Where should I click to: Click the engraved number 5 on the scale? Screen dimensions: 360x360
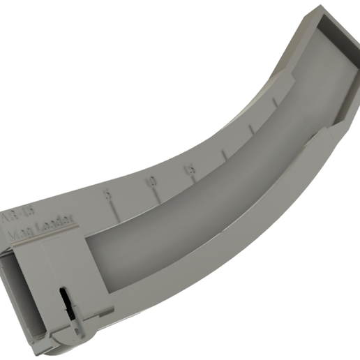click(x=107, y=193)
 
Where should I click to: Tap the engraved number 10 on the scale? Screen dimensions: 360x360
click(x=151, y=182)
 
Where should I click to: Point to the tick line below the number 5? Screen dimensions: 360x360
click(x=116, y=211)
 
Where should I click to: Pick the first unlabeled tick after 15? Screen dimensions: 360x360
click(x=224, y=156)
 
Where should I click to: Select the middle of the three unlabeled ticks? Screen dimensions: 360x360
click(x=251, y=130)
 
